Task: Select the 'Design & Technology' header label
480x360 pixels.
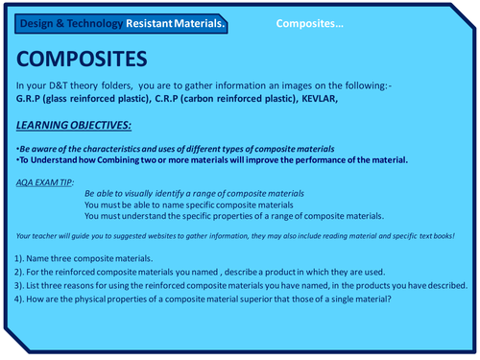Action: click(x=59, y=21)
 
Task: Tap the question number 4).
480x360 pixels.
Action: click(x=23, y=301)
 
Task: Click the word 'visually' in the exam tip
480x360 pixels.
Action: click(x=144, y=192)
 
